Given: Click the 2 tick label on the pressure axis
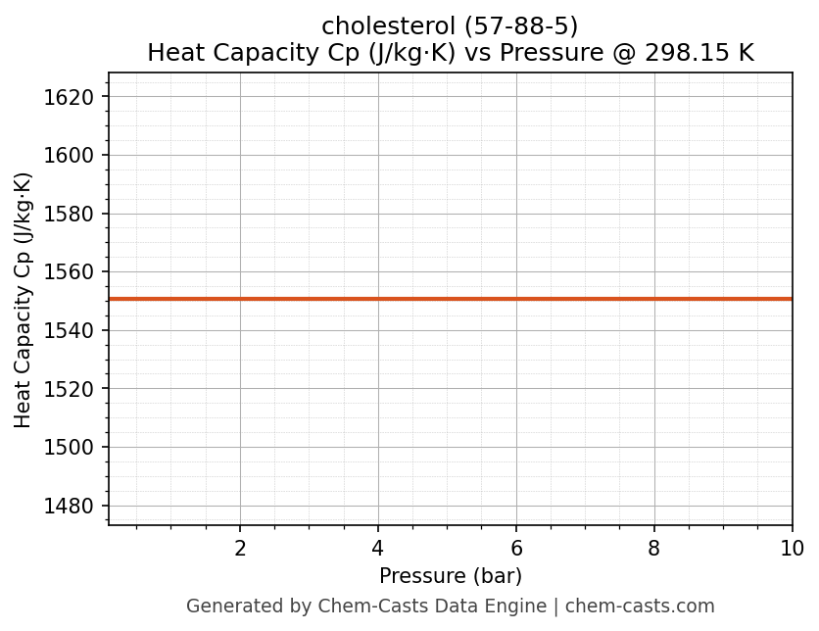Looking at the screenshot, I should (x=240, y=549).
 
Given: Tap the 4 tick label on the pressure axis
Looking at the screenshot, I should (x=378, y=549).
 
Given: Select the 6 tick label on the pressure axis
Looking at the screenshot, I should (x=516, y=549).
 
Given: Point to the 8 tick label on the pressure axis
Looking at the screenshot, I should (x=654, y=549).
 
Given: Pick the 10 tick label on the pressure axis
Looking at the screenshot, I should (x=791, y=549).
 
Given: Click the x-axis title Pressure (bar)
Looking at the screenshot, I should (x=451, y=576).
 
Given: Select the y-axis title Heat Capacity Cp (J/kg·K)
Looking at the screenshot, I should (x=24, y=299).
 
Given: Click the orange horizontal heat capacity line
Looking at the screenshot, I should (x=451, y=299).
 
